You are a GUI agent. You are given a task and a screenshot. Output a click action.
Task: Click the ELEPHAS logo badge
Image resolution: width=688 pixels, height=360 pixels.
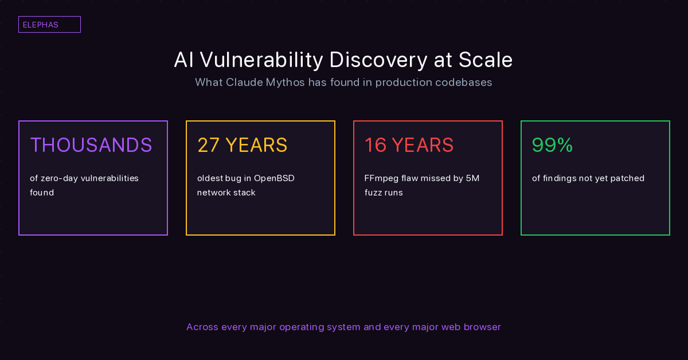(x=49, y=25)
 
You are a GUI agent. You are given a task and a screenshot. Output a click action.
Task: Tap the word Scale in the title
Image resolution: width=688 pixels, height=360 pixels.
(x=486, y=60)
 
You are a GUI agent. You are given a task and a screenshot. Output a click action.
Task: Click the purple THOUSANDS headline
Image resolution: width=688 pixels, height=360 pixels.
(x=91, y=145)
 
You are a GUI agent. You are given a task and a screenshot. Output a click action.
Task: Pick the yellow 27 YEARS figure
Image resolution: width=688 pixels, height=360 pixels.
(x=243, y=145)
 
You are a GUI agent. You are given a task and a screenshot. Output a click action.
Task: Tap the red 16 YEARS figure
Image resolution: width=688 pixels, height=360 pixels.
(x=409, y=145)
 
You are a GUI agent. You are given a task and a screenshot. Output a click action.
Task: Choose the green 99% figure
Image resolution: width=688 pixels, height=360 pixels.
(x=553, y=145)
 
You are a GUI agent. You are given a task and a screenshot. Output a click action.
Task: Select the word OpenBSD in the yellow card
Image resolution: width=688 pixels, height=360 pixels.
(x=274, y=178)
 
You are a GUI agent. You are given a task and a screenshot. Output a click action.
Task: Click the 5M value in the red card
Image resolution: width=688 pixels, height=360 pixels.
(x=472, y=178)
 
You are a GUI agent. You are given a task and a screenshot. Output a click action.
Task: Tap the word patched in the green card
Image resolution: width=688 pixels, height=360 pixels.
(x=627, y=178)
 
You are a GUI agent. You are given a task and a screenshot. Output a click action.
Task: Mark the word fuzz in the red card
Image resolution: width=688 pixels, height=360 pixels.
(x=373, y=193)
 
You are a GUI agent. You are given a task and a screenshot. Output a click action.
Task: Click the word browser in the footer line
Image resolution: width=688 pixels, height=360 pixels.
(x=482, y=327)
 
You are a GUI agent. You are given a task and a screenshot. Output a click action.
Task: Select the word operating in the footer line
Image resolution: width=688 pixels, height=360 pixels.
(x=301, y=327)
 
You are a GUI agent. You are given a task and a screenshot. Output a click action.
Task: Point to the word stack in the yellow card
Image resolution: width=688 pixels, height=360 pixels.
(x=244, y=193)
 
